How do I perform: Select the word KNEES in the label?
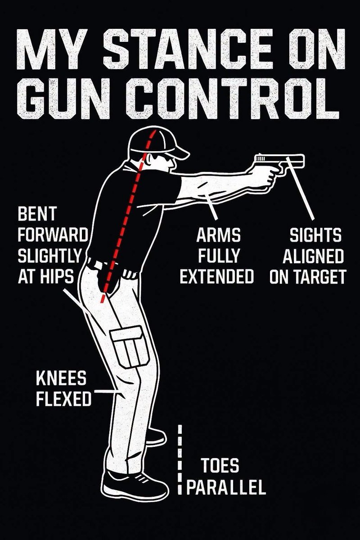61,378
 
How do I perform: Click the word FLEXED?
63,399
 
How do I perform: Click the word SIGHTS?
315,235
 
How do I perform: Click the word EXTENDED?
217,276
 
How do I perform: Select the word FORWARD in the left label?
52,235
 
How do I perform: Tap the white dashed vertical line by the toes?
180,460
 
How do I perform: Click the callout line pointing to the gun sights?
300,189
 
